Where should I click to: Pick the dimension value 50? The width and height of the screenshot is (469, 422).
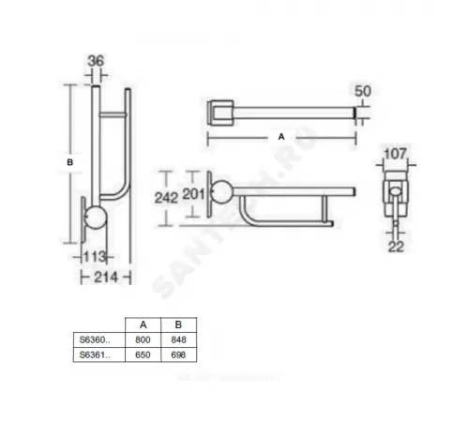(x=363, y=91)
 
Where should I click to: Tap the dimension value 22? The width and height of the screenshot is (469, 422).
(x=397, y=247)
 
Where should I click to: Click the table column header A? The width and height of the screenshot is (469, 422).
(x=143, y=324)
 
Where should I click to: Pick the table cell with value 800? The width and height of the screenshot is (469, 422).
(x=143, y=339)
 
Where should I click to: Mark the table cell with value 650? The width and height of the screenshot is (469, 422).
(x=143, y=356)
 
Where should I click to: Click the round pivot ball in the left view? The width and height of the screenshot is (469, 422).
(x=97, y=221)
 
